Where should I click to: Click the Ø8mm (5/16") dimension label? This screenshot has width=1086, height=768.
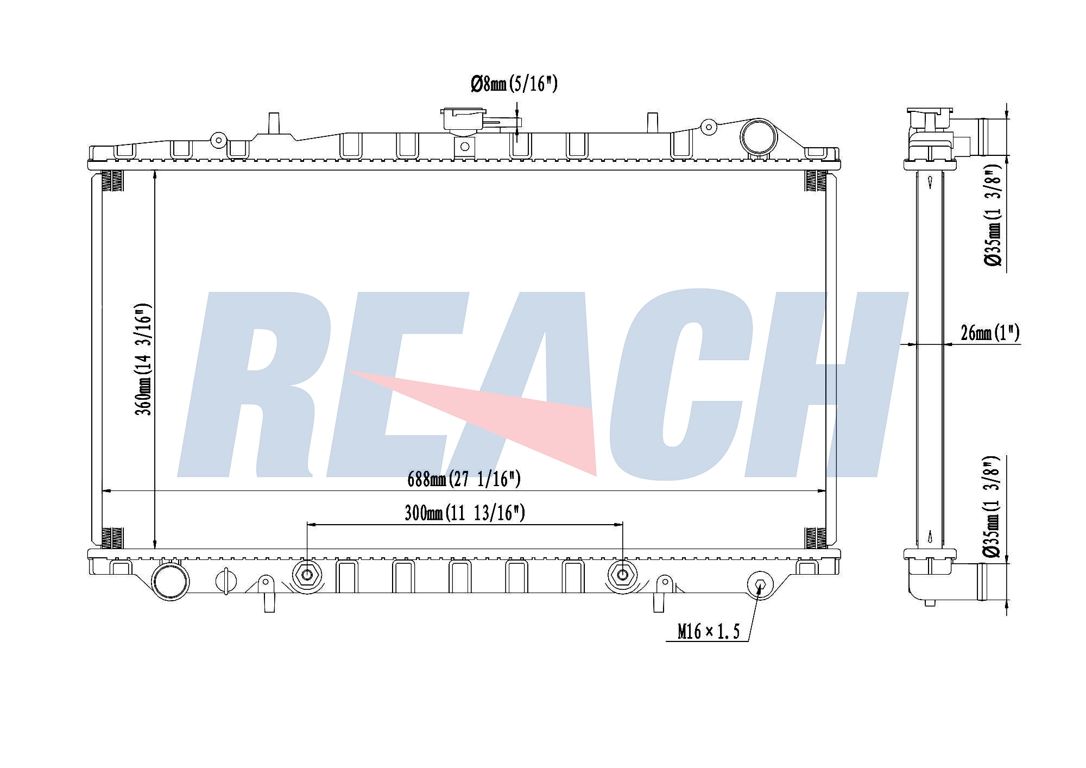pyautogui.click(x=514, y=84)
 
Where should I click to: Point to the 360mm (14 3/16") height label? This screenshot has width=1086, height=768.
pyautogui.click(x=143, y=359)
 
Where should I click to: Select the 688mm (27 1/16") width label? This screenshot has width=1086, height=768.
pyautogui.click(x=464, y=479)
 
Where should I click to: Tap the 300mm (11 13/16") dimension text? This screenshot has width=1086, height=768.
pyautogui.click(x=465, y=513)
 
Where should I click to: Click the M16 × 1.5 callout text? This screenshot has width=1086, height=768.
pyautogui.click(x=709, y=631)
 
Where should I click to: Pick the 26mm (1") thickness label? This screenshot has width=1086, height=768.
pyautogui.click(x=990, y=332)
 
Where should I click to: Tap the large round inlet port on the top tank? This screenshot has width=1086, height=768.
pyautogui.click(x=758, y=136)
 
